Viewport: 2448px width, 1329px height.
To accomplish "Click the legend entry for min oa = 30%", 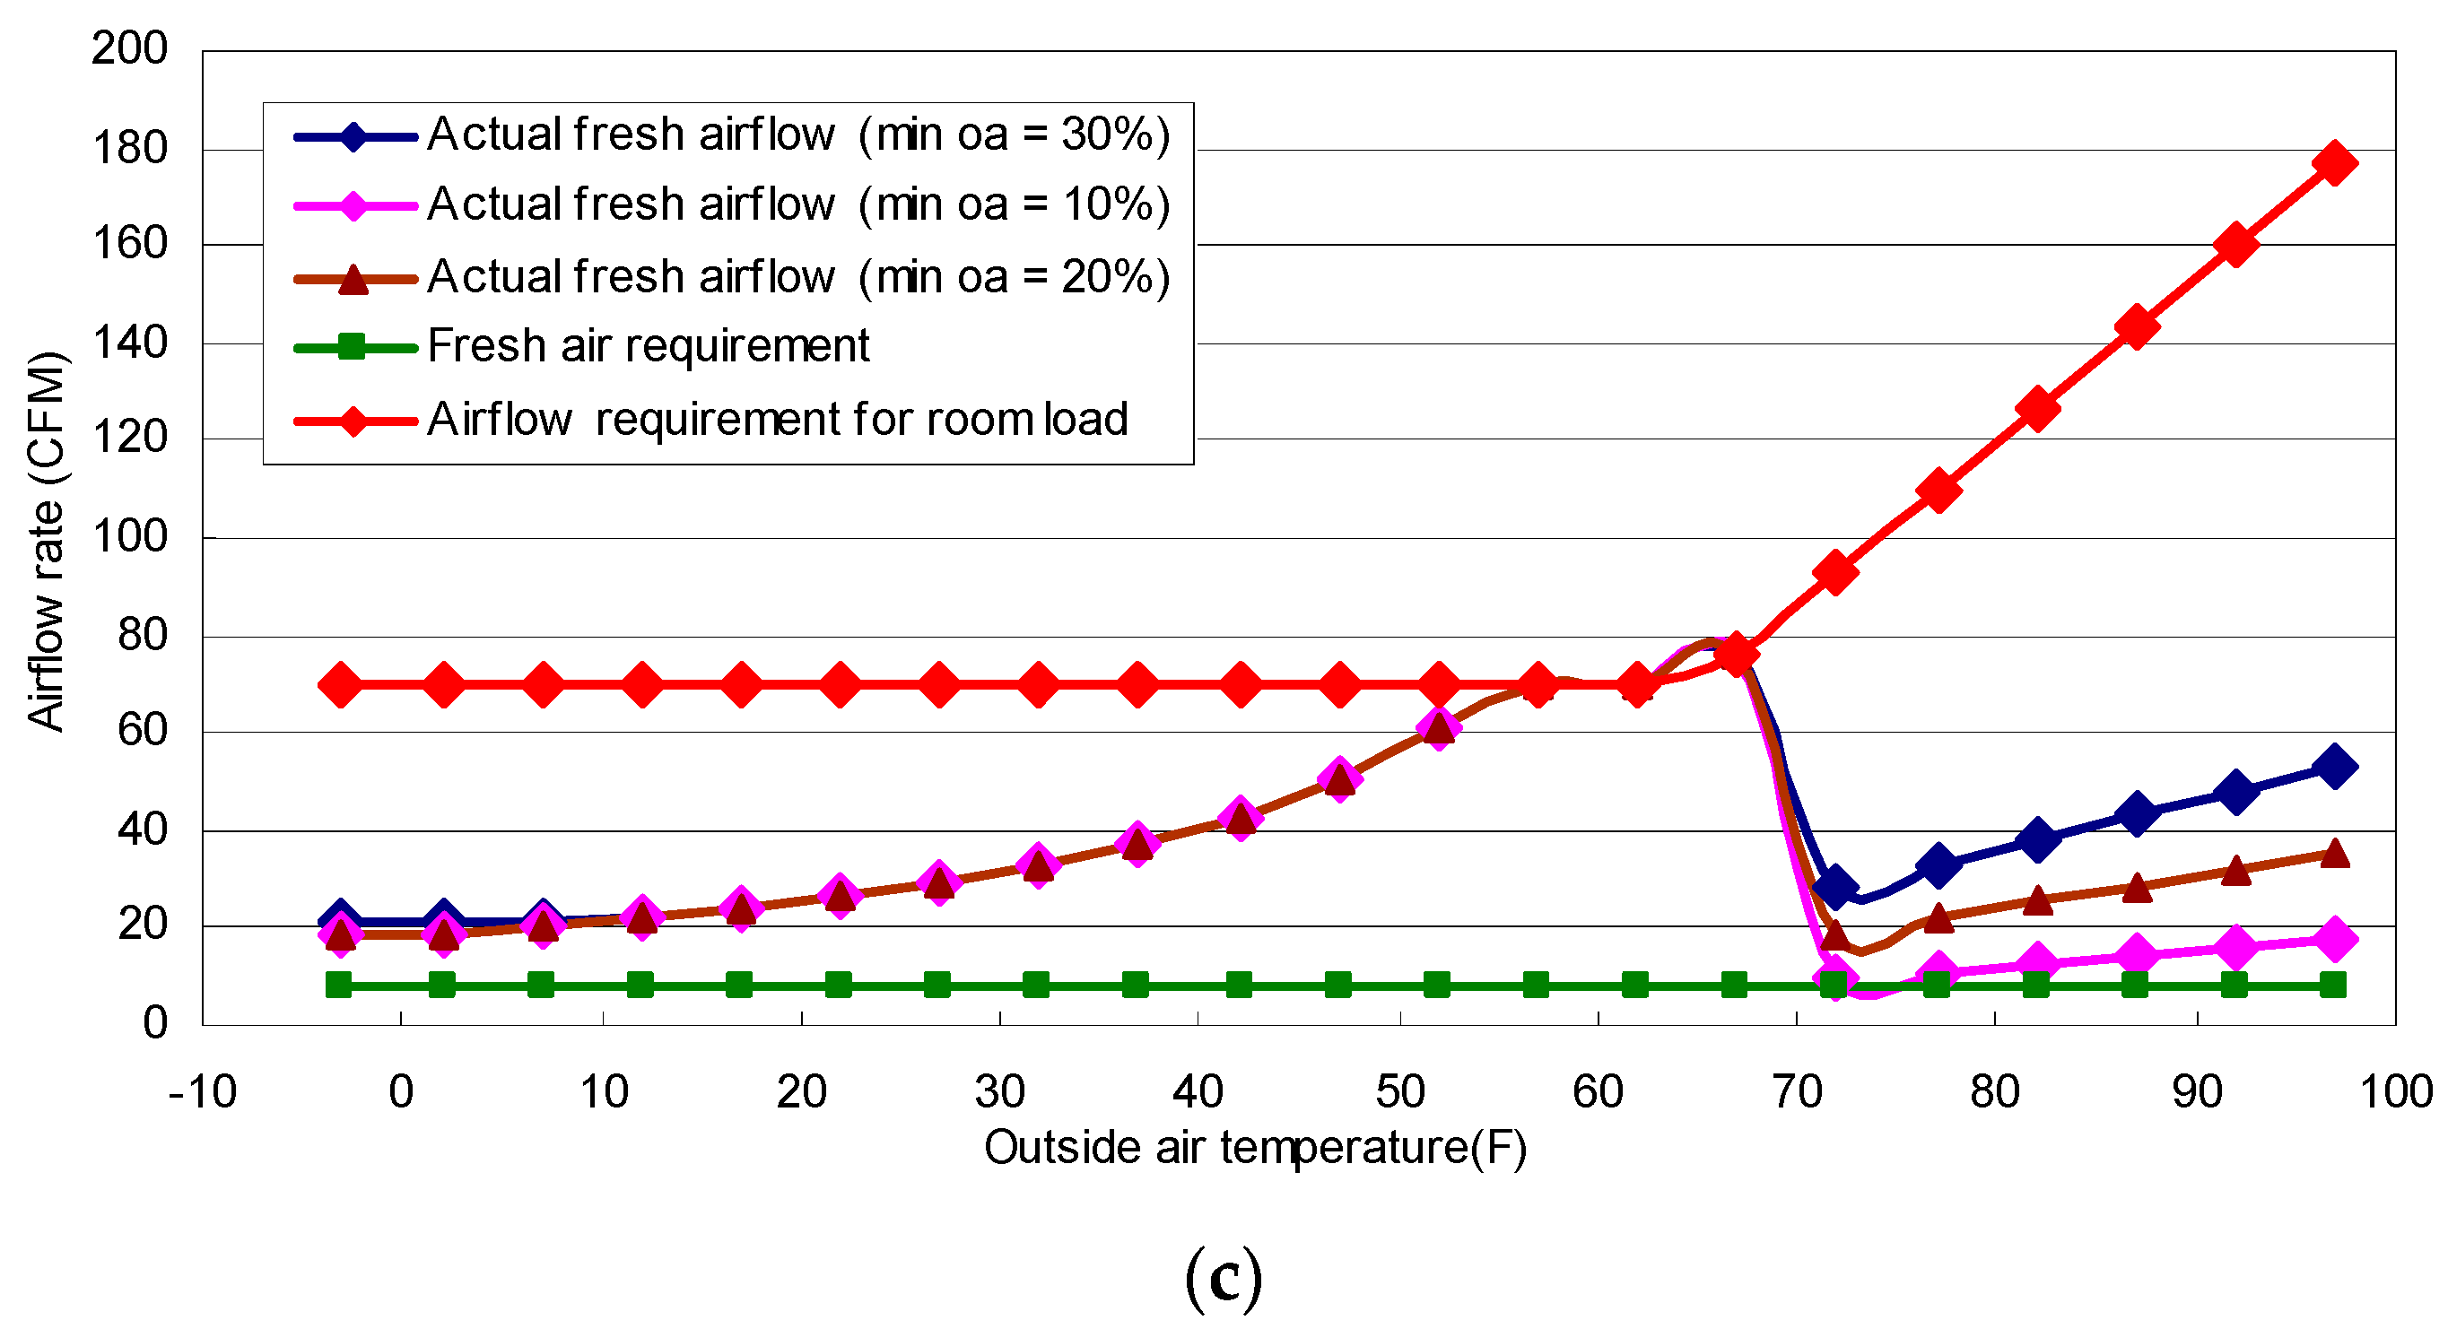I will (x=798, y=135).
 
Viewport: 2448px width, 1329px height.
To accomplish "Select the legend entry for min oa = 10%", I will (x=798, y=205).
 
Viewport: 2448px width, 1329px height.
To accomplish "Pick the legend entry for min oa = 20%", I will (x=798, y=277).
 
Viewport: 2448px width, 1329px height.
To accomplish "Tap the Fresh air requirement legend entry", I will (x=649, y=347).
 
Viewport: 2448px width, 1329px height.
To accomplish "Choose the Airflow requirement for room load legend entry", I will (x=778, y=420).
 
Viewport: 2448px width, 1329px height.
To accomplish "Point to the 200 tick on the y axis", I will (x=129, y=48).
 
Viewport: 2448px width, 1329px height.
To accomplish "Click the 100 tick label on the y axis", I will (x=129, y=538).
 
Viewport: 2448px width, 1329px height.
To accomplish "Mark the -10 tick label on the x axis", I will (x=203, y=1092).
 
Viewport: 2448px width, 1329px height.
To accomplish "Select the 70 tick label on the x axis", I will (x=1796, y=1092).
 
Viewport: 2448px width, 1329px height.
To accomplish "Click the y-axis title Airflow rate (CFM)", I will (x=46, y=542).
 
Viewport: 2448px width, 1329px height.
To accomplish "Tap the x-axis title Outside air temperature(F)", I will (x=1254, y=1148).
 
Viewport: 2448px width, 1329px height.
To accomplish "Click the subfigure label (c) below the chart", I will (x=1224, y=1279).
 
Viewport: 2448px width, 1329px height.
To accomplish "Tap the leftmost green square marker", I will (x=338, y=986).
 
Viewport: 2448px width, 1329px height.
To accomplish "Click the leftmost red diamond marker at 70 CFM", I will (x=340, y=685).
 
